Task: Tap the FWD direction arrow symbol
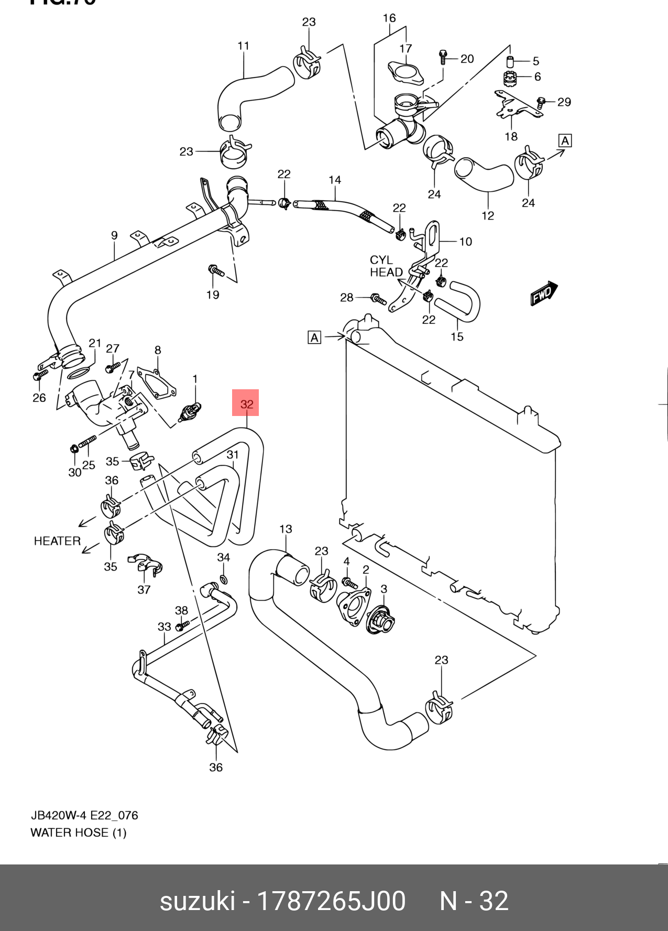tap(544, 293)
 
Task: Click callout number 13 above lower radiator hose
tap(286, 529)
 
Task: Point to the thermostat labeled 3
tap(381, 621)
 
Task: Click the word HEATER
tap(57, 541)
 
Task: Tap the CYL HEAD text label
tap(386, 266)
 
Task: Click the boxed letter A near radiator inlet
tap(314, 337)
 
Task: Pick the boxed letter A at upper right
tap(565, 140)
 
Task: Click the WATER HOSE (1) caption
tap(79, 833)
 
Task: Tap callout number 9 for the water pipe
tap(114, 236)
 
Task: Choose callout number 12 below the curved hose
tap(488, 216)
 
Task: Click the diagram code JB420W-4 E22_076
tap(84, 816)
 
